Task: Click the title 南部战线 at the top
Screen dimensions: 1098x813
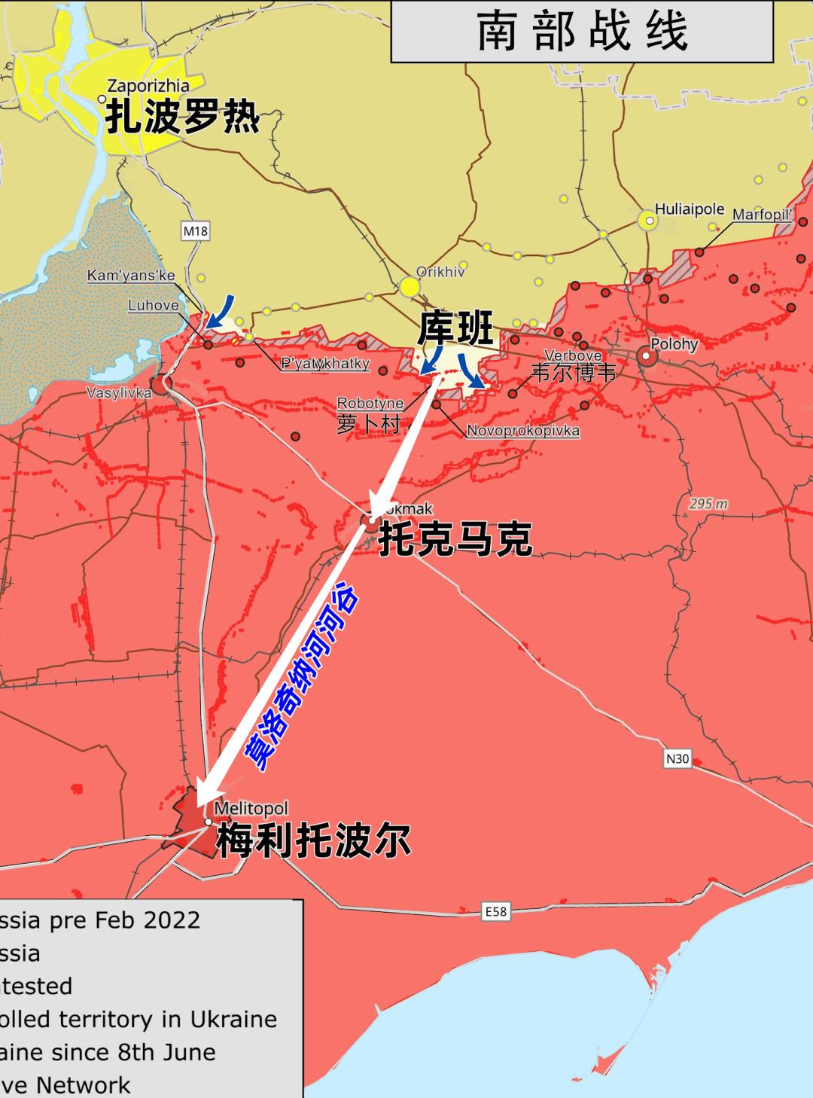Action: [x=582, y=31]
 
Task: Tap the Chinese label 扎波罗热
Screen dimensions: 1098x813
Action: [x=183, y=117]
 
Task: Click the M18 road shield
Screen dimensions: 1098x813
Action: [x=195, y=231]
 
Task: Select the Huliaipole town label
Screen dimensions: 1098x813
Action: [x=689, y=209]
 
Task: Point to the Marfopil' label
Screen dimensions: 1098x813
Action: [x=763, y=215]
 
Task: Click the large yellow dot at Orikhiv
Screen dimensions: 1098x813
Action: [x=409, y=287]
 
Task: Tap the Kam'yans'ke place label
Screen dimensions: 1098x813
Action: [x=131, y=276]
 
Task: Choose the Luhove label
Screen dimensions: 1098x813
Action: [x=154, y=305]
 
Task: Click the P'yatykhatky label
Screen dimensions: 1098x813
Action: [x=325, y=364]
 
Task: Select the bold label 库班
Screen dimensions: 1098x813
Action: [x=455, y=329]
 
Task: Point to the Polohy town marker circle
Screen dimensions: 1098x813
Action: [x=647, y=357]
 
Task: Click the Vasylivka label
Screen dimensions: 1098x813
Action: [x=118, y=392]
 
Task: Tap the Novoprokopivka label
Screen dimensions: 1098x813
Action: [x=523, y=431]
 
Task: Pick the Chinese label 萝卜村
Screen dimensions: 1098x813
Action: [x=368, y=423]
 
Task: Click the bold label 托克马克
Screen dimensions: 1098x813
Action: [x=455, y=539]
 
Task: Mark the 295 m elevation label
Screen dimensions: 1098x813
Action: [x=708, y=504]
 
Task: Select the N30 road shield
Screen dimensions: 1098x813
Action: [x=677, y=758]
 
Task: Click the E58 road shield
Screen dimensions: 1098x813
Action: [x=495, y=912]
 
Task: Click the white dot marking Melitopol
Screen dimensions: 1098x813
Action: [x=209, y=822]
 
